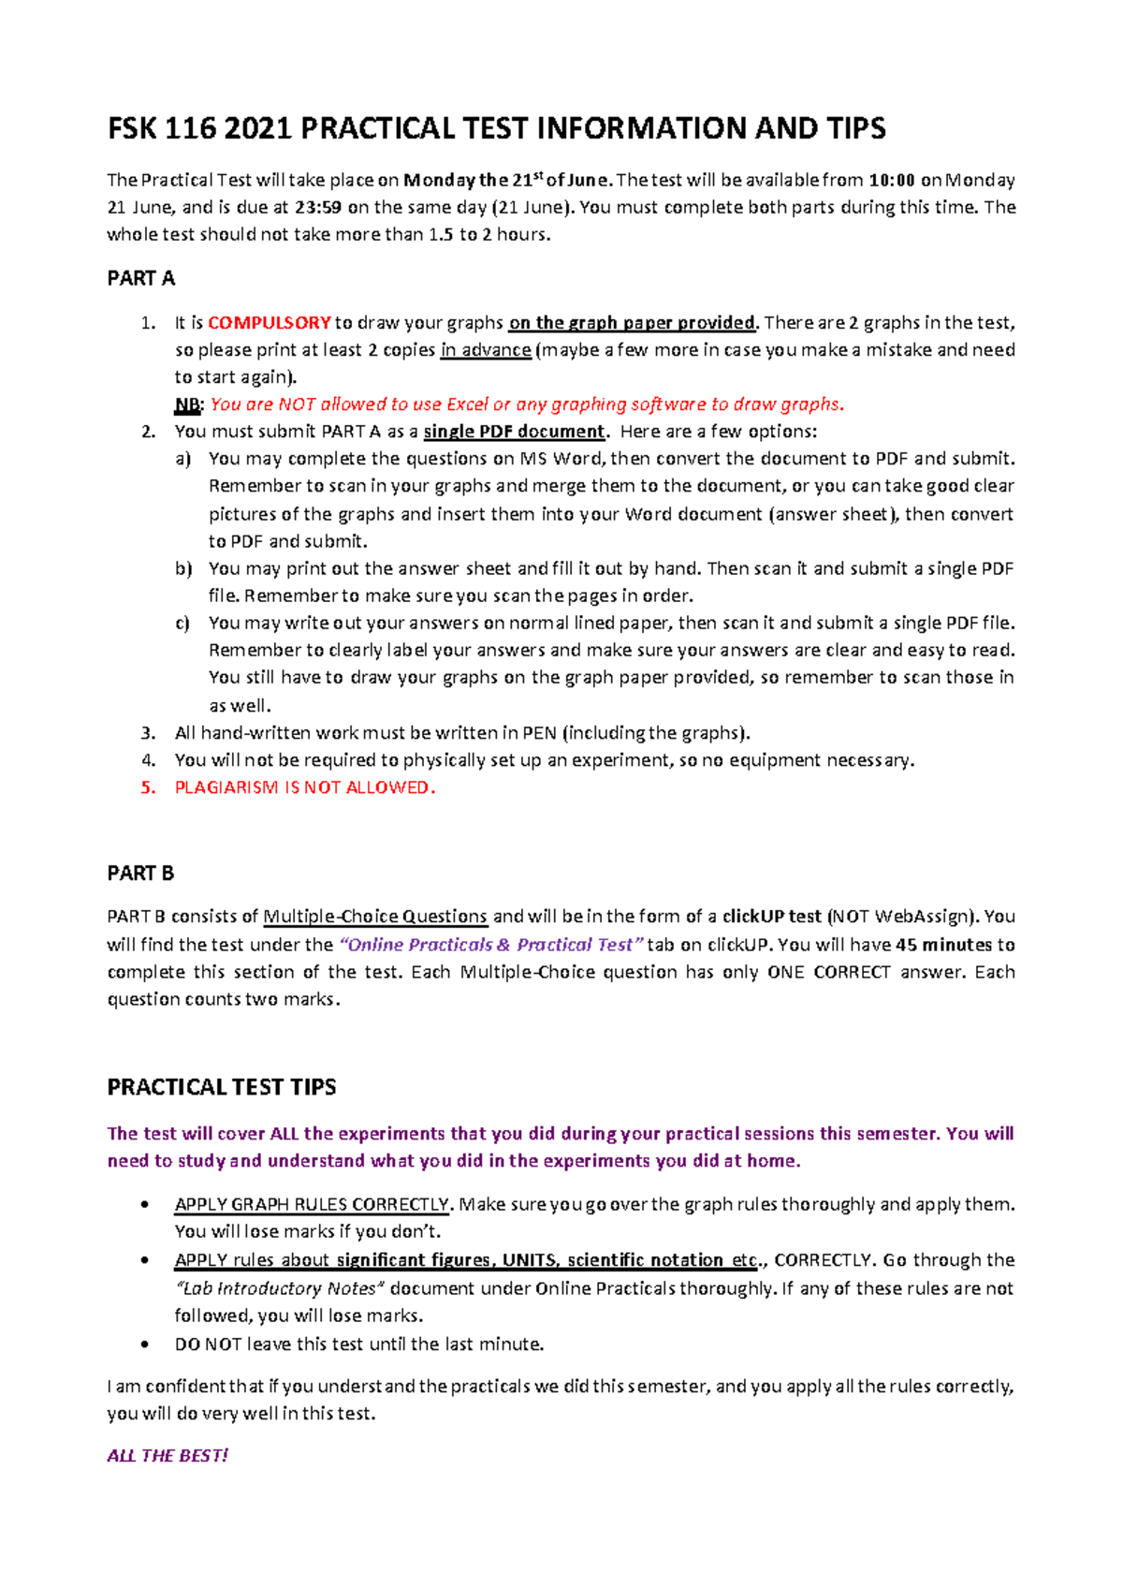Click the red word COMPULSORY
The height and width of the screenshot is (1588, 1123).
pos(269,323)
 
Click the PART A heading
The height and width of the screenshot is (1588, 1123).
pos(140,278)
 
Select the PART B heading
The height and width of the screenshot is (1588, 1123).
pos(140,873)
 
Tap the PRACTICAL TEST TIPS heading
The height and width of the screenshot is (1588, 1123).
pos(222,1087)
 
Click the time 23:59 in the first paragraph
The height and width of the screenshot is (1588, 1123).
pos(320,208)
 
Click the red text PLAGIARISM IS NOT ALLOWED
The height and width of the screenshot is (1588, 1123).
pos(304,787)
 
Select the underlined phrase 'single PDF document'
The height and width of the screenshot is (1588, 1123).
pos(515,432)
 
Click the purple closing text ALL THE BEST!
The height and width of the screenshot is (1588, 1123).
pos(168,1455)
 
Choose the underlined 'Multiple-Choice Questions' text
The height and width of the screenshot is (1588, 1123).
pos(375,917)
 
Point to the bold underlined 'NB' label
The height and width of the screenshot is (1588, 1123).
pos(187,404)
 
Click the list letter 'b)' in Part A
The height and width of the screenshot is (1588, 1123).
pos(182,568)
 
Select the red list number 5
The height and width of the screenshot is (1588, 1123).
pos(147,787)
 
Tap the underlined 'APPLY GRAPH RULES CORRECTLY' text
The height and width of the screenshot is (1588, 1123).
pos(313,1204)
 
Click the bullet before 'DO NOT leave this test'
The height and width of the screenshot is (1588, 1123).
pos(144,1345)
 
